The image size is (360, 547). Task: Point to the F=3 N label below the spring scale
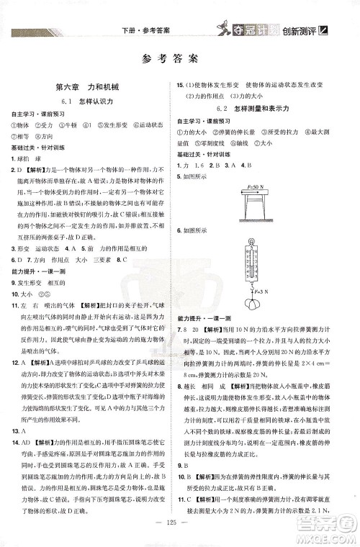pos(259,290)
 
